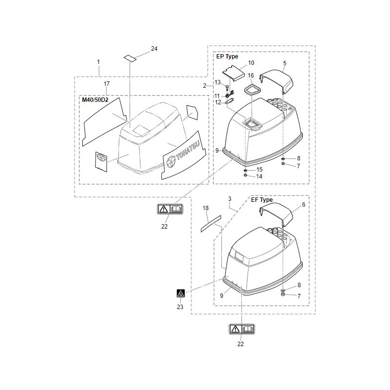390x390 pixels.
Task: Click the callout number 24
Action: [154, 49]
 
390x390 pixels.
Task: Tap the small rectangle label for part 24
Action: [130, 58]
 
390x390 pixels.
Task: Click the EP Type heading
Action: [227, 57]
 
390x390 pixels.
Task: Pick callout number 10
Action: [251, 63]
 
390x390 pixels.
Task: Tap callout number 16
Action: [251, 76]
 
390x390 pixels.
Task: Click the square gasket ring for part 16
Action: [252, 89]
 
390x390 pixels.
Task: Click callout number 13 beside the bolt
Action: [218, 82]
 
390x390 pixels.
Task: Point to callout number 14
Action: [259, 176]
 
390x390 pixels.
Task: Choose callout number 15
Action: [259, 169]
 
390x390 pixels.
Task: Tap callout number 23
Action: [180, 307]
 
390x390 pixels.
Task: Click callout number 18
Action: [206, 208]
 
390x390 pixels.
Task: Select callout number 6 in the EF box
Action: [303, 205]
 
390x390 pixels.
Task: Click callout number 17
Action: [107, 84]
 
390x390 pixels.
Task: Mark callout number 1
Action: [98, 62]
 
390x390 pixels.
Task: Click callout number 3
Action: [229, 199]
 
